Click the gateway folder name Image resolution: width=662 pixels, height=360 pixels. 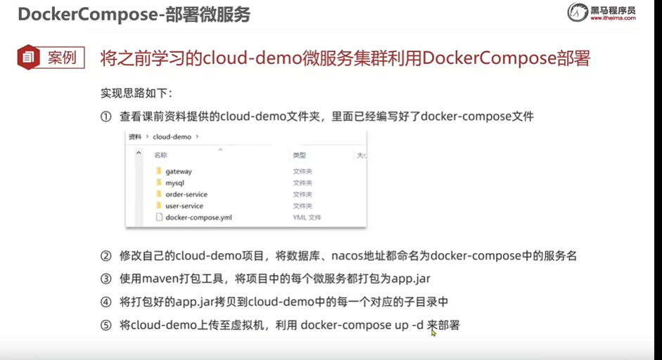coord(178,171)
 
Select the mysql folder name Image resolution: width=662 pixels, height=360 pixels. coord(174,183)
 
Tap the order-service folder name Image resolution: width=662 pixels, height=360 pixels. coord(186,194)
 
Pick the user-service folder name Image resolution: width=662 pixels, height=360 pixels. coord(184,206)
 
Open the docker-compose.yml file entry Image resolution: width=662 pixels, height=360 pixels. coord(198,217)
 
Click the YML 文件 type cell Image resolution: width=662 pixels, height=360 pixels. coord(307,217)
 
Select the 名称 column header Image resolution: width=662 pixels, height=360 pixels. coord(160,155)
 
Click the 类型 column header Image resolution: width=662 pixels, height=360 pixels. coord(299,155)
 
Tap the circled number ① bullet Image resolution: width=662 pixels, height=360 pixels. coord(106,117)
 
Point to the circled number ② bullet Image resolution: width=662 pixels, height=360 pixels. coord(106,256)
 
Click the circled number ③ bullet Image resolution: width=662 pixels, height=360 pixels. coord(106,279)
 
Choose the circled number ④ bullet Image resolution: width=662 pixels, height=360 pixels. coord(106,302)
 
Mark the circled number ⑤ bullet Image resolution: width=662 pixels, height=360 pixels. coord(106,326)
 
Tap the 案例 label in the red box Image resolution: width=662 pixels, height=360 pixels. coord(62,57)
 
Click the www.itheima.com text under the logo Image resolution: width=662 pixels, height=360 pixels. coord(613,18)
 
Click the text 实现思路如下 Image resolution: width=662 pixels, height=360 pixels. coord(136,94)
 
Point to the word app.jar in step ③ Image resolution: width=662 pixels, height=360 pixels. coord(409,279)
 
